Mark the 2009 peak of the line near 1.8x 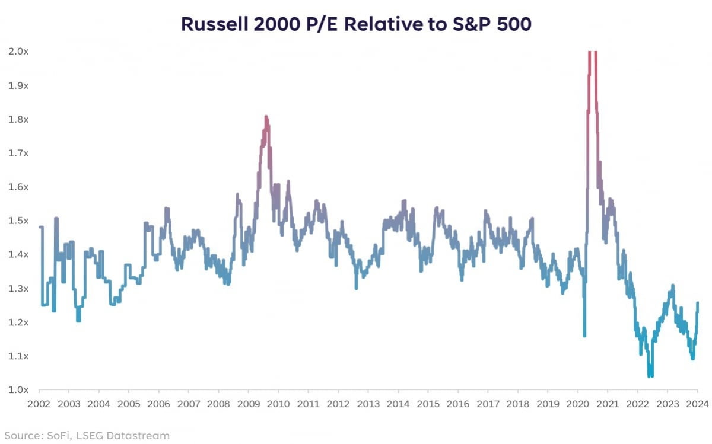coord(266,117)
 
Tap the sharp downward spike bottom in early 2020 coord(584,336)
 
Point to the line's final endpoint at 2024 coord(697,303)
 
